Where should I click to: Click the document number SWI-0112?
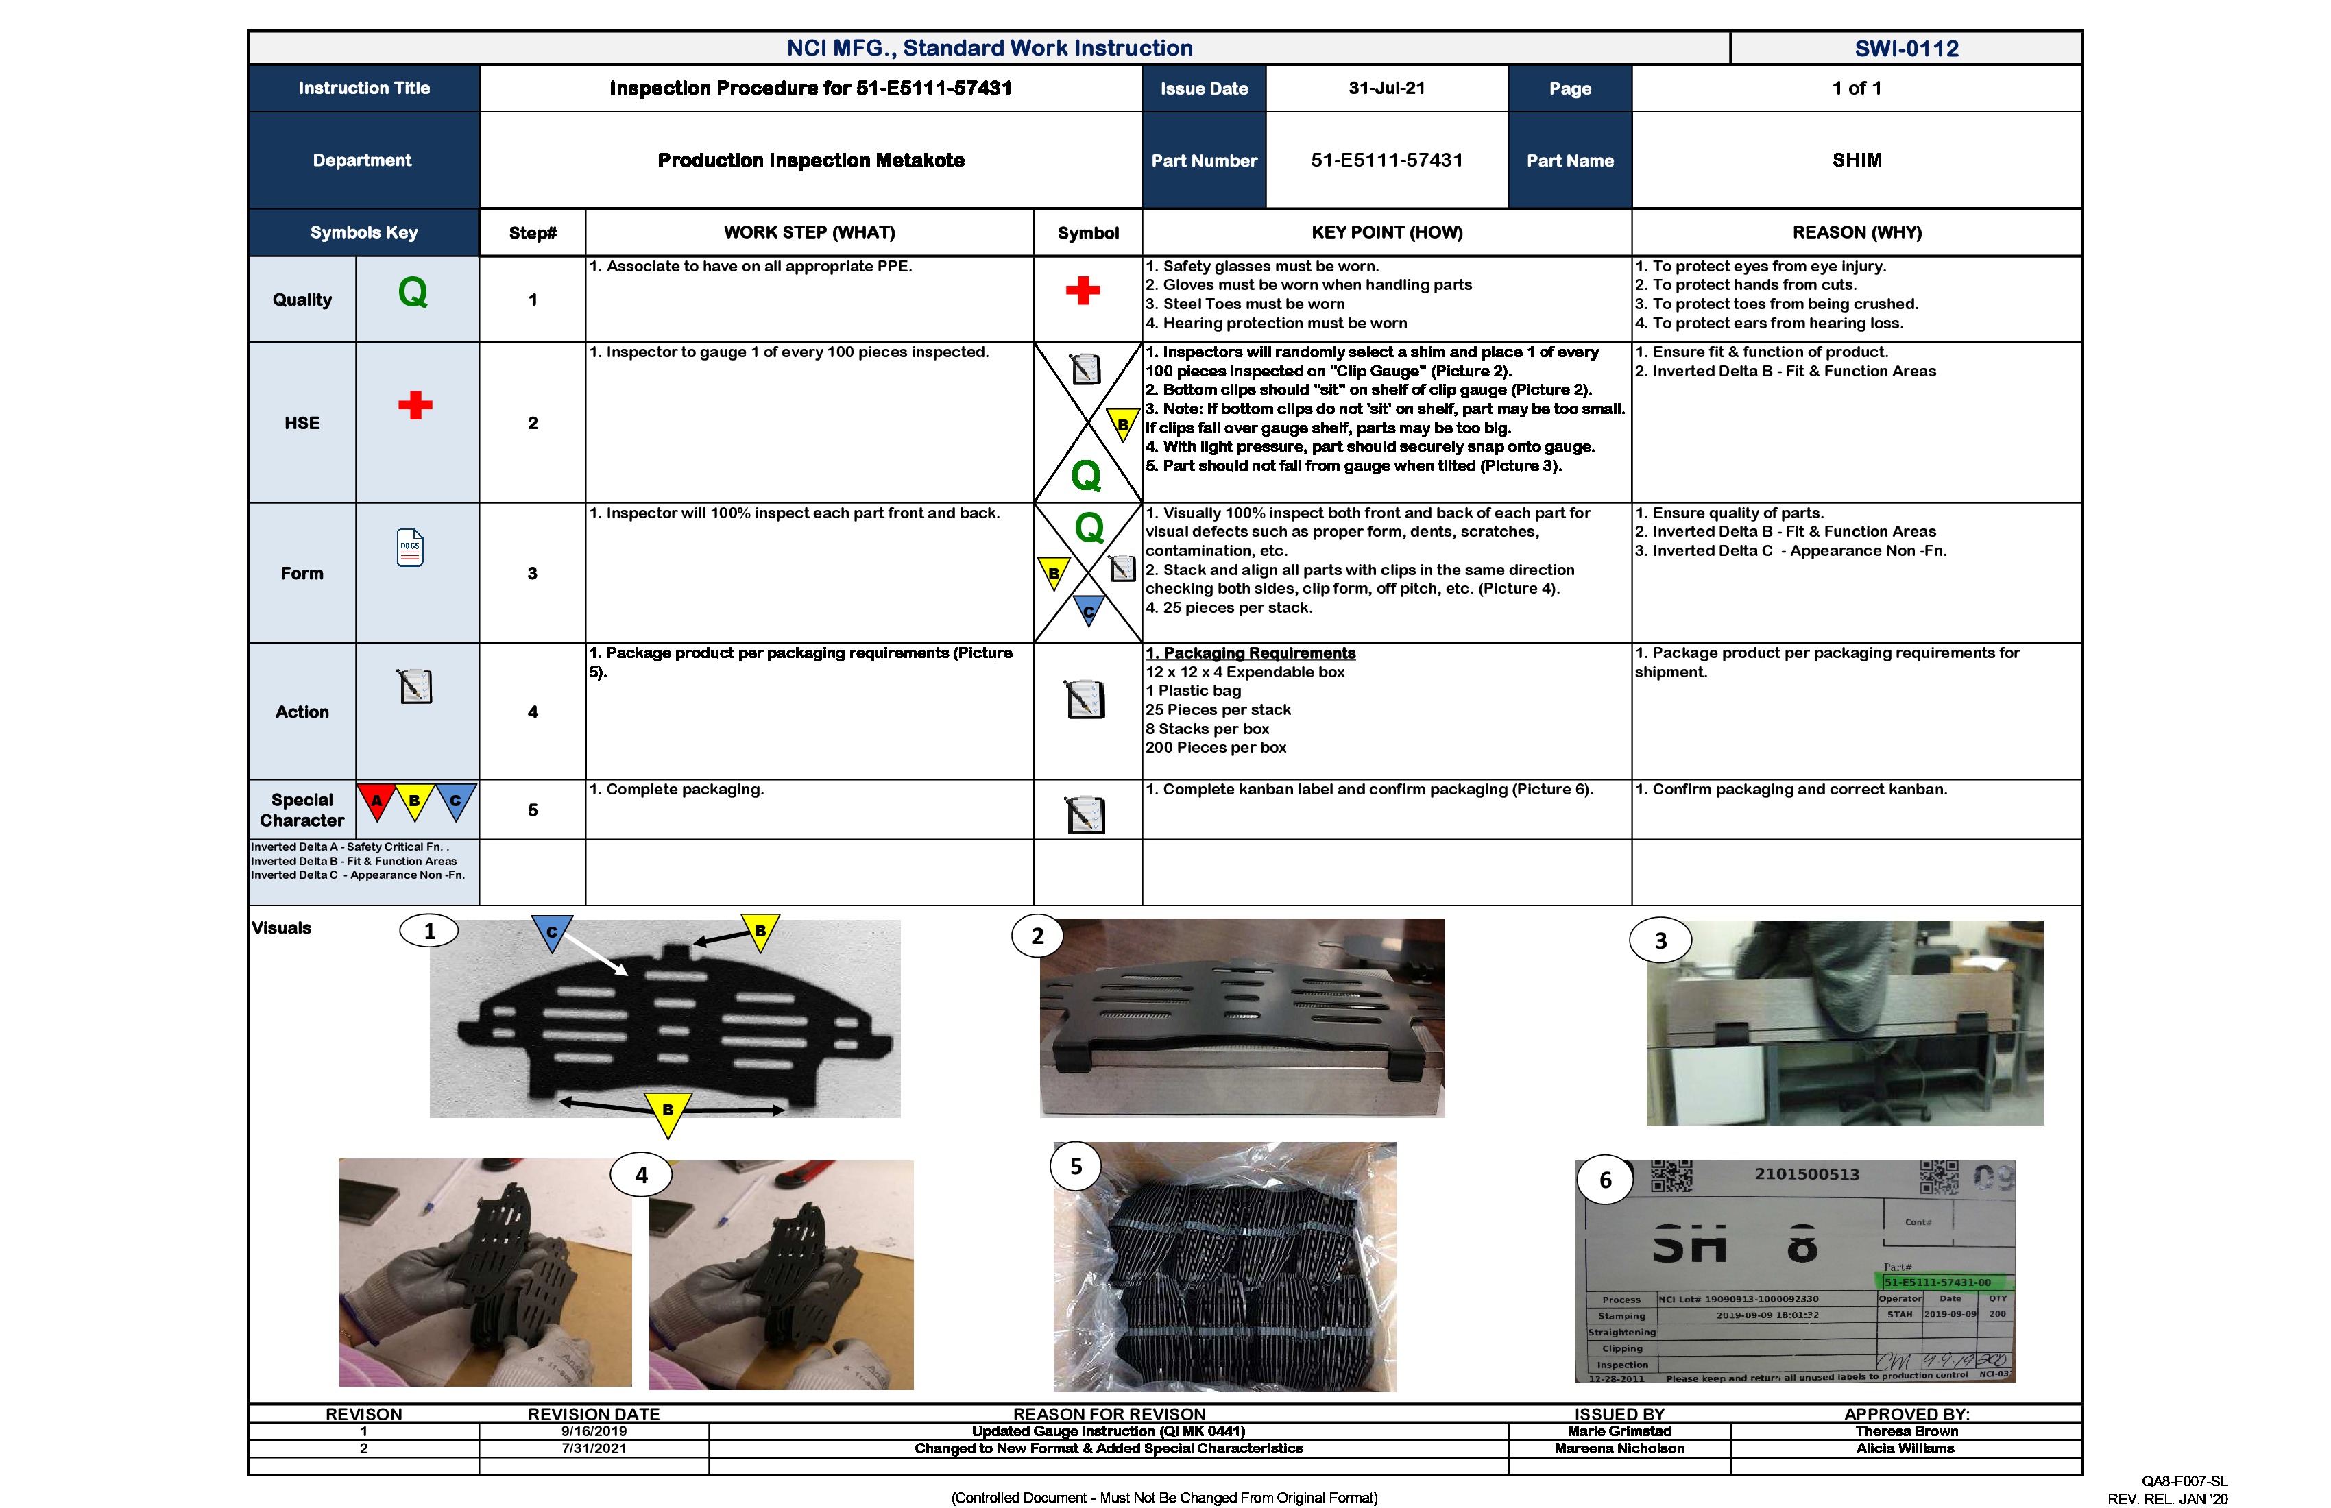(1905, 48)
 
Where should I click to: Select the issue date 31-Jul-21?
(1386, 88)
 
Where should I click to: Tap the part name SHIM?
(1856, 160)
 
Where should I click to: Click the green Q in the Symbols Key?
(412, 293)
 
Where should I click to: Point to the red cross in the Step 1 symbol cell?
(1083, 290)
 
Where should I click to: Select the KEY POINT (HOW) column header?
(1386, 232)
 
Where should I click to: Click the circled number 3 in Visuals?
(1660, 940)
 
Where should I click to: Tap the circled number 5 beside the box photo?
(1076, 1166)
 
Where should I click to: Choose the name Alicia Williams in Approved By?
(1905, 1448)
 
